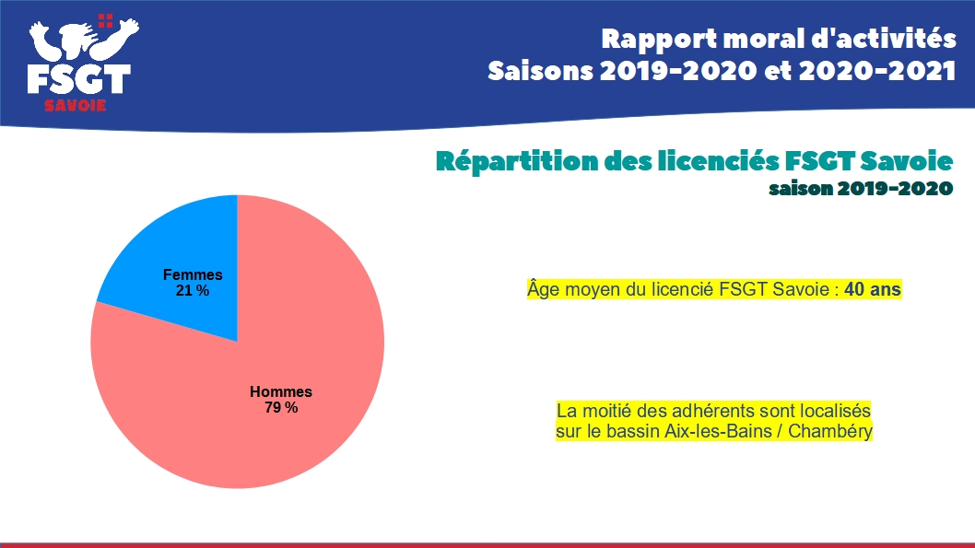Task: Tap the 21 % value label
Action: (x=193, y=290)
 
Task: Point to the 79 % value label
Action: (x=281, y=407)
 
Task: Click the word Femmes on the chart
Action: (x=193, y=274)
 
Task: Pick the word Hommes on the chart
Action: (x=281, y=391)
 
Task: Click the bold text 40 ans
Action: (x=873, y=289)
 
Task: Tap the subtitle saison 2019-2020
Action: (x=860, y=188)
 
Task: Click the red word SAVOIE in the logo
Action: (x=76, y=105)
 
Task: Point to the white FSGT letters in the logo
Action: (x=78, y=79)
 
